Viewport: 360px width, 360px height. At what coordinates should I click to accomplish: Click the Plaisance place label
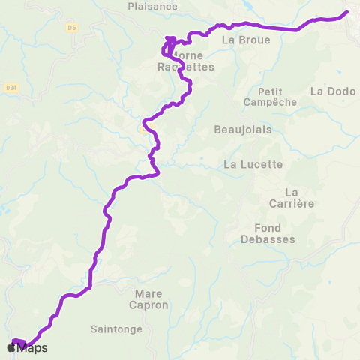[152, 7]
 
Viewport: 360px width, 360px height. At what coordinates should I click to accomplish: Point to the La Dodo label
[328, 91]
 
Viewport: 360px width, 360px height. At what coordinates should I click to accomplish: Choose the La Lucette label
[253, 164]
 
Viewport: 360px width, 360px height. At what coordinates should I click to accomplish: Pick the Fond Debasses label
[268, 233]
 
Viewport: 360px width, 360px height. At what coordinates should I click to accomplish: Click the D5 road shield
[72, 28]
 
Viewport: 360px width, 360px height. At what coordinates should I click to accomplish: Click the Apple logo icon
[11, 347]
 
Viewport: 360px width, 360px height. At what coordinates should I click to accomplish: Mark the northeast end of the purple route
[346, 12]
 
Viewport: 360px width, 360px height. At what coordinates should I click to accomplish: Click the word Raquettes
[186, 67]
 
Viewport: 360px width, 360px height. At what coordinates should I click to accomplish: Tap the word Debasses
[268, 239]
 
